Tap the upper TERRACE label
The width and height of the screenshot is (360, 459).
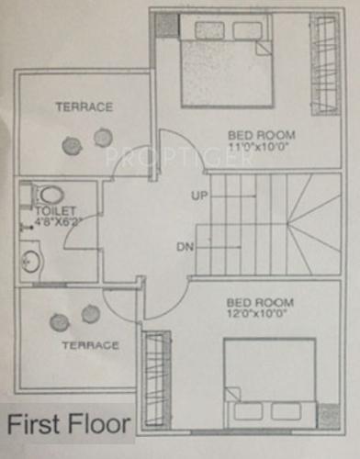[84, 107]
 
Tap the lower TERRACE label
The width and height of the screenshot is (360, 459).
[90, 345]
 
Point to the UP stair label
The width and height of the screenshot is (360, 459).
[199, 196]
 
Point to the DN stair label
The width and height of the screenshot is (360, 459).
[185, 247]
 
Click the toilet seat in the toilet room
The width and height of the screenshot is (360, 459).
[50, 195]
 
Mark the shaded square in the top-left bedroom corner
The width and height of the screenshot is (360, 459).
[165, 25]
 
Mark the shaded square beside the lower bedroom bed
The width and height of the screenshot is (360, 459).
[327, 415]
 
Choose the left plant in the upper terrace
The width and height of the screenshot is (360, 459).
[71, 145]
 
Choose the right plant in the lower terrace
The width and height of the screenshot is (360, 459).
[90, 314]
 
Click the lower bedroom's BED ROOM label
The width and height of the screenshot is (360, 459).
[260, 302]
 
